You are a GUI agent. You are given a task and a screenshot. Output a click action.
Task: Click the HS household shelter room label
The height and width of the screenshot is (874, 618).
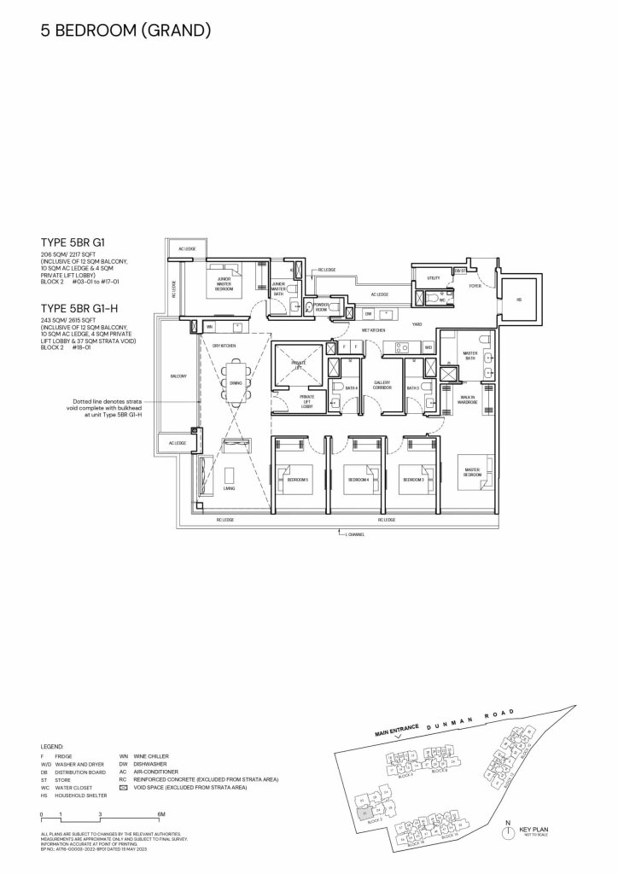[x=518, y=300]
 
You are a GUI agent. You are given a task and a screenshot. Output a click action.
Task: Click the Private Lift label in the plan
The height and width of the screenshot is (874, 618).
[x=299, y=364]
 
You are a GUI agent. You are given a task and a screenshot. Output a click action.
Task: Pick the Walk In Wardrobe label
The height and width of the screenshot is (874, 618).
[x=467, y=399]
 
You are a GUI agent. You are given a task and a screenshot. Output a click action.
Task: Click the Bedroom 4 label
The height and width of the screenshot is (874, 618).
[x=357, y=480]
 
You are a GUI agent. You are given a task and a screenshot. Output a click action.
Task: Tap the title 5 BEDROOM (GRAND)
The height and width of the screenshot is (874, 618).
[x=125, y=32]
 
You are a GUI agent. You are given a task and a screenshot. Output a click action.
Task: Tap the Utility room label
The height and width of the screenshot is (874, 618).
[x=433, y=278]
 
